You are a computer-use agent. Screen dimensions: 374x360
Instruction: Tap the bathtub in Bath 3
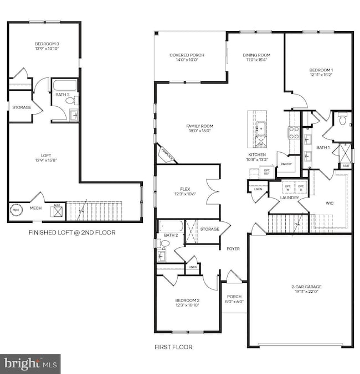click(65, 86)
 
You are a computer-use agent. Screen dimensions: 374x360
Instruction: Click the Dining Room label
click(256, 55)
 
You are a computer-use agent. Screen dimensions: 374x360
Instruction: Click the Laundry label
click(289, 198)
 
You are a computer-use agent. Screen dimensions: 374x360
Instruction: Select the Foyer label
click(233, 249)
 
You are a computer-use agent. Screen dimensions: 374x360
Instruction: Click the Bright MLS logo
click(30, 363)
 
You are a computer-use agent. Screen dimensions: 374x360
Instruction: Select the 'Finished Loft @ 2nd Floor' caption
click(72, 233)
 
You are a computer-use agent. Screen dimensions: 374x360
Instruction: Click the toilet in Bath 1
click(342, 120)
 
